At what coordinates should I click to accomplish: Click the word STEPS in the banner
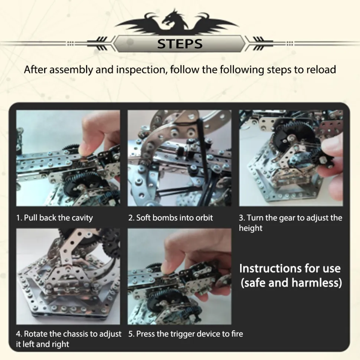click(x=180, y=44)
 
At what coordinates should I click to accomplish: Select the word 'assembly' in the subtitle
click(x=70, y=70)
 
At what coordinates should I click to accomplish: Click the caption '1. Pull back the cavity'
click(x=55, y=217)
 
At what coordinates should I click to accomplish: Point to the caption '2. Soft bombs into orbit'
click(x=171, y=217)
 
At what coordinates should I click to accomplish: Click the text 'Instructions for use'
click(x=290, y=268)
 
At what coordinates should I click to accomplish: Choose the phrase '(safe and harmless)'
click(x=291, y=283)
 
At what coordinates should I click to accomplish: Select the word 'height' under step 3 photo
click(x=251, y=228)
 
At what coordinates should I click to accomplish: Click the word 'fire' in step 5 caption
click(x=237, y=334)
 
